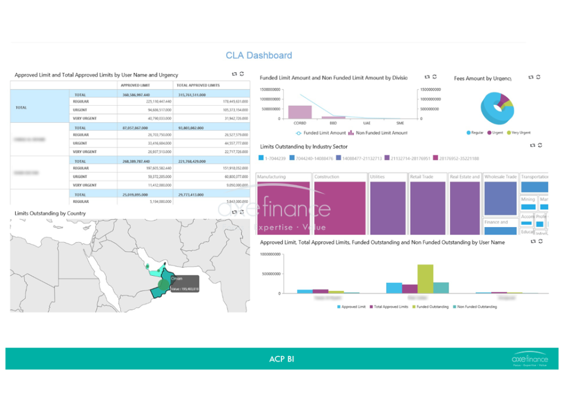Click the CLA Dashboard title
[x=258, y=55]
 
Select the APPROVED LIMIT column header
[x=135, y=85]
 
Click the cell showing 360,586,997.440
[x=136, y=94]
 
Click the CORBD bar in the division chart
[x=300, y=112]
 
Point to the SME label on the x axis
[x=400, y=124]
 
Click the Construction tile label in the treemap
[x=327, y=176]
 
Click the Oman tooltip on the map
[x=184, y=284]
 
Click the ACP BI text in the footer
[x=281, y=358]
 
